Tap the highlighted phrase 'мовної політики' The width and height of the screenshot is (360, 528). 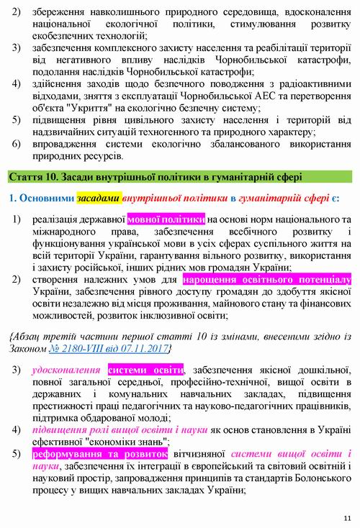(166, 217)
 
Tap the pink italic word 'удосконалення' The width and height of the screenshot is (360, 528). (68, 370)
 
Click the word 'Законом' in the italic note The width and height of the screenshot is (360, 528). (29, 348)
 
